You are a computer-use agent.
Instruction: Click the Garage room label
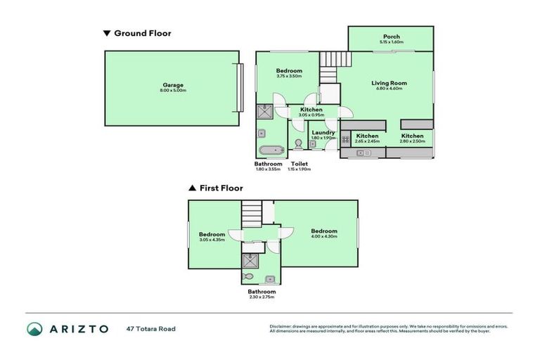tap(172, 85)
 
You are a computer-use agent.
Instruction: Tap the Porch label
tap(392, 37)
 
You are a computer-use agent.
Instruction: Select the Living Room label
tap(389, 83)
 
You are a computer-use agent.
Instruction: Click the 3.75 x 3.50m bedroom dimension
tap(289, 76)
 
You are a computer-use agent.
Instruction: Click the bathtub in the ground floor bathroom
tap(271, 149)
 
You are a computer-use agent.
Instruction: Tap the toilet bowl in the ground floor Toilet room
tap(299, 144)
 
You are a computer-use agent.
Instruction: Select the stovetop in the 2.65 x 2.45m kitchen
tap(346, 139)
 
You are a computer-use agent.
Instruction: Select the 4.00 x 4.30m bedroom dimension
tap(324, 236)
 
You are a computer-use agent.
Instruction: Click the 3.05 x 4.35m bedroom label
tap(212, 234)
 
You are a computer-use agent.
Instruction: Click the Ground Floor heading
tap(142, 33)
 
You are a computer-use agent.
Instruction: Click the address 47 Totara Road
tap(150, 328)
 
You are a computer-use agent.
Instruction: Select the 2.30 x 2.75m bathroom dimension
tap(262, 297)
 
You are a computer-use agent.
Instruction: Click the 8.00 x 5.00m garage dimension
tap(172, 91)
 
